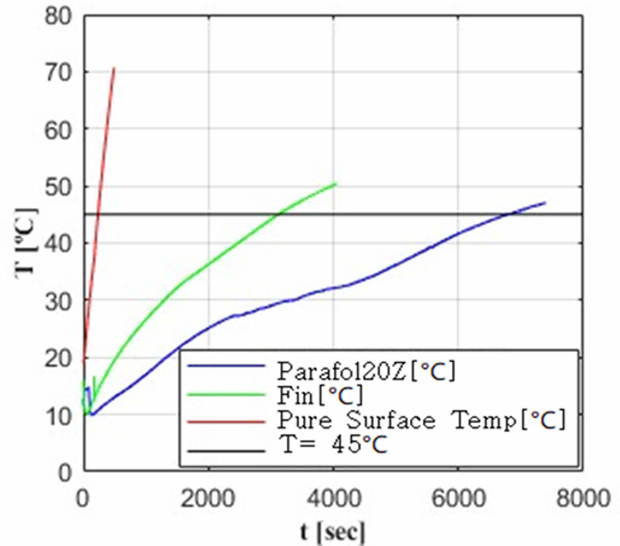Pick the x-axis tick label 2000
coord(209,497)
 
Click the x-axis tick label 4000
coord(334,497)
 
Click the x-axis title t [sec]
coord(332,531)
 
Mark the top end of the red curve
coord(114,68)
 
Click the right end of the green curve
coord(336,184)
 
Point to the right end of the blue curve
coord(545,202)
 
